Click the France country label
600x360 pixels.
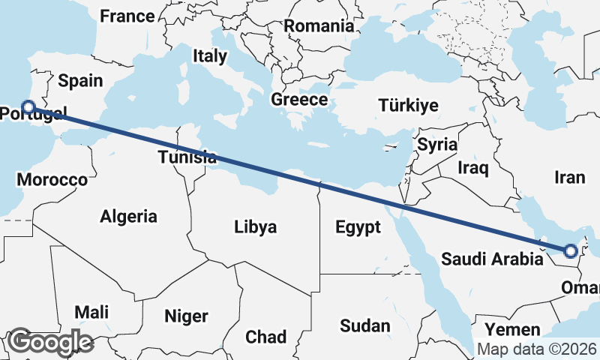click(x=127, y=16)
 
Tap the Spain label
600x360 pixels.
click(x=75, y=80)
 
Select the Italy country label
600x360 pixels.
click(x=209, y=55)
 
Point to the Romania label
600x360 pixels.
click(x=319, y=25)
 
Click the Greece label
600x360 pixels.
click(x=299, y=99)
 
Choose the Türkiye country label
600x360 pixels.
click(x=408, y=105)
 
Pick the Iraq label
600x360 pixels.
click(x=474, y=168)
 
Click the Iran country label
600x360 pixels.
click(x=569, y=178)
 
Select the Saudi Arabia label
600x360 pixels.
click(x=491, y=259)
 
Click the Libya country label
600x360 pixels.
click(x=255, y=226)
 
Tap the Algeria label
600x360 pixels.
click(x=129, y=217)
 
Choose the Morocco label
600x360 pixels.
click(x=52, y=180)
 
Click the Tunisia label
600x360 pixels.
click(x=187, y=157)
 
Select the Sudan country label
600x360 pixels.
click(x=365, y=325)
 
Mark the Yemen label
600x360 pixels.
click(x=512, y=330)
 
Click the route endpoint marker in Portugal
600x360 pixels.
click(x=28, y=107)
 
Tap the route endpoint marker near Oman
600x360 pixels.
click(x=570, y=251)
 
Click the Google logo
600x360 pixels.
click(x=50, y=342)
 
